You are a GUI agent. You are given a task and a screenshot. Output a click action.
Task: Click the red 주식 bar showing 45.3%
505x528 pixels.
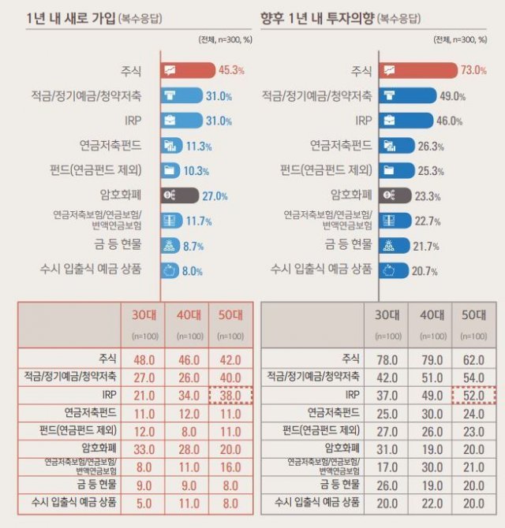(188, 71)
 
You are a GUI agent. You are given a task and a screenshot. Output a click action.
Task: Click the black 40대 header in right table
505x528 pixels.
(429, 316)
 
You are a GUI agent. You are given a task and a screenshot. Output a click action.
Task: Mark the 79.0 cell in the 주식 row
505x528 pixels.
(429, 359)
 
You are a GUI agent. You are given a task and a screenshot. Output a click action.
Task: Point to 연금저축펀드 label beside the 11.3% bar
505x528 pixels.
(110, 146)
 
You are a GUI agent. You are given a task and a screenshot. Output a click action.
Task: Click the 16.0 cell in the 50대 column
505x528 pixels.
(230, 465)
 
